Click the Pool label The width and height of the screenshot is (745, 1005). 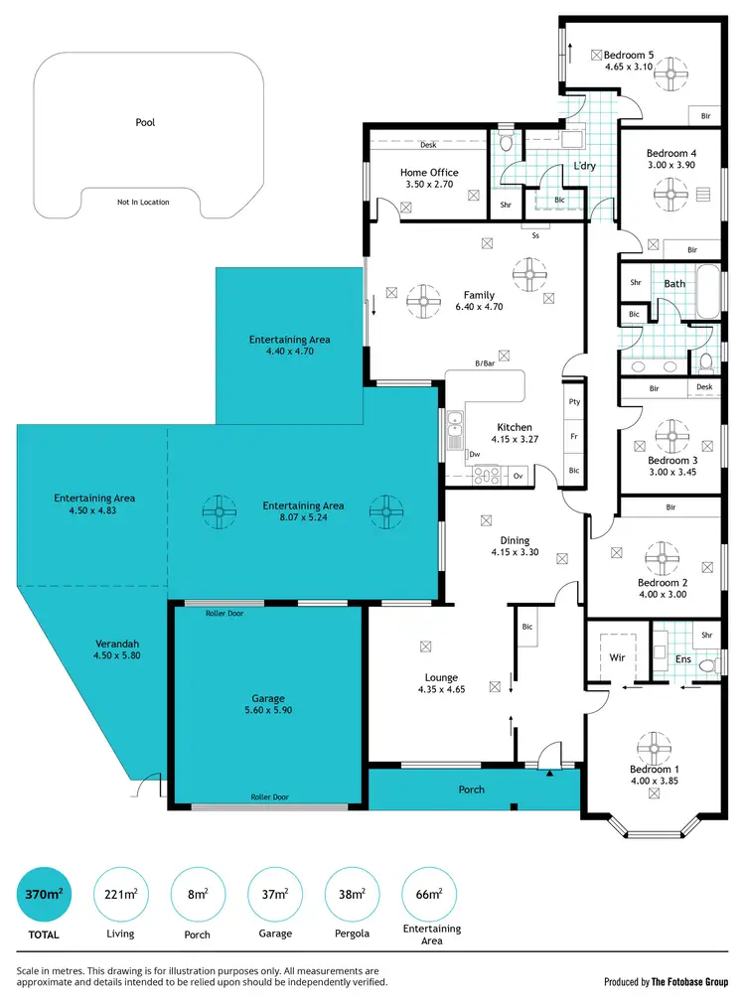[x=145, y=123]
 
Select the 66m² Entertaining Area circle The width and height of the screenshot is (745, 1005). [x=428, y=894]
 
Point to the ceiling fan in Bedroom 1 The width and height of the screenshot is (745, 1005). [x=654, y=745]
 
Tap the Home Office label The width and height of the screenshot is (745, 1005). [x=429, y=172]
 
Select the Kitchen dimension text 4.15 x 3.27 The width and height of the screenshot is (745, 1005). [x=515, y=439]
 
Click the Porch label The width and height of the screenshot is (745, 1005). [x=472, y=790]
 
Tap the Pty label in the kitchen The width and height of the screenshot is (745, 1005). [x=574, y=402]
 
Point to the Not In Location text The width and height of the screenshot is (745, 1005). [x=143, y=202]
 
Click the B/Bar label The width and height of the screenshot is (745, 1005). [x=485, y=363]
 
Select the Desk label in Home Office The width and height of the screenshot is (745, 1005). [x=428, y=145]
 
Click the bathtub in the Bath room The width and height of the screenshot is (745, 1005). [x=707, y=291]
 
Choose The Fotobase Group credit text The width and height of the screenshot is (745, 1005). [x=688, y=981]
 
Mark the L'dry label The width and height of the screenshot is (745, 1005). [x=584, y=166]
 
